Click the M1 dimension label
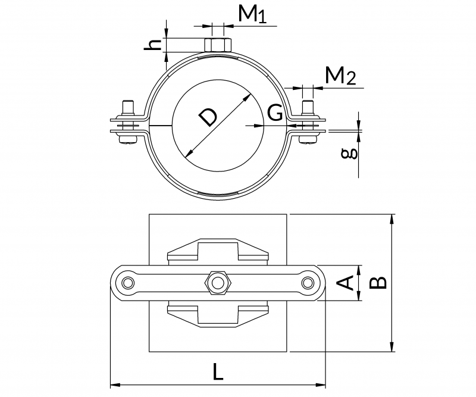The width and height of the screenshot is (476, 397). (252, 14)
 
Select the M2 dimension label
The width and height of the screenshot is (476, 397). (340, 76)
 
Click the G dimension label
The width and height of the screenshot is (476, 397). (274, 113)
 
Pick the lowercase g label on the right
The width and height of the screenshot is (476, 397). (351, 152)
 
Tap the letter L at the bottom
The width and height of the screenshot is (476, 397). (218, 373)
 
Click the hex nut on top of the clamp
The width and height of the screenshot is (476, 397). (217, 45)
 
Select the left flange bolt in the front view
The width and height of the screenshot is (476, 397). (128, 124)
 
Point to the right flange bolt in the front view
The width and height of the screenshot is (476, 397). (308, 124)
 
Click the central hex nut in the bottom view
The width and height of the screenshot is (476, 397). (217, 282)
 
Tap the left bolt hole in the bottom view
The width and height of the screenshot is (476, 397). (127, 282)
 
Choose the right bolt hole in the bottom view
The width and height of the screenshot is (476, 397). (308, 282)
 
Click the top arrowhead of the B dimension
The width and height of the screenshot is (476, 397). (392, 218)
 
